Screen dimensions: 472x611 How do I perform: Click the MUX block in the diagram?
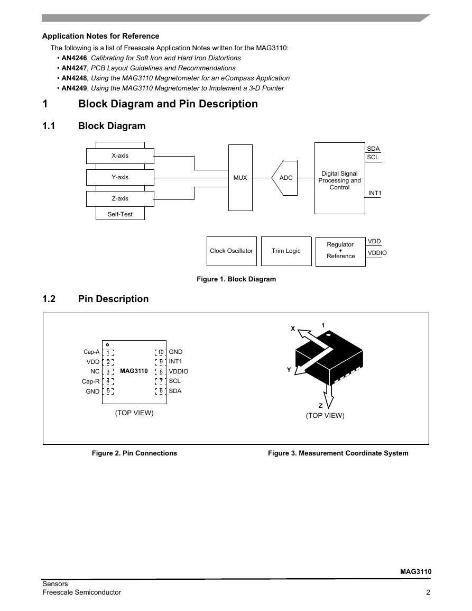coord(240,178)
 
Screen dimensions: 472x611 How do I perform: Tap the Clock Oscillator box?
coord(232,251)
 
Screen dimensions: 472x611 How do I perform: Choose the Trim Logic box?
coord(286,251)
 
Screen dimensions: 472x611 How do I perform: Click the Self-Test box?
coord(120,214)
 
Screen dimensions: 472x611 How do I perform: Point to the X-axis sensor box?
coord(120,156)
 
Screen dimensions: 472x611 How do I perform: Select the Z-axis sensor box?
coord(120,199)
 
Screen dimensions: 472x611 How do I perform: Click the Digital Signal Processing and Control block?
coord(339,179)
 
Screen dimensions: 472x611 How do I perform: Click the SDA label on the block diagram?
coord(373,149)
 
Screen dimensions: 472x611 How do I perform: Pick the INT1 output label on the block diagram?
coord(375,193)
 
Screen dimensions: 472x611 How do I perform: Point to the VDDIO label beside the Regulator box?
coord(377,253)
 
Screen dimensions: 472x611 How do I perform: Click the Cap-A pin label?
coord(91,352)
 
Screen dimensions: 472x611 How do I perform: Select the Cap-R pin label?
coord(91,381)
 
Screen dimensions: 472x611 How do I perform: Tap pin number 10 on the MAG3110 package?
coord(161,352)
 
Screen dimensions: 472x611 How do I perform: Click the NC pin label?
coord(95,371)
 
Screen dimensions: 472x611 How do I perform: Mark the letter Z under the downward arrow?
coord(320,406)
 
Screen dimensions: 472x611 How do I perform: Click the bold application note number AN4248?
coord(74,78)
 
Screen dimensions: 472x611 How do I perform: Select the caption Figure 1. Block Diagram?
coord(236,279)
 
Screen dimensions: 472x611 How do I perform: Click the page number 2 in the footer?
coord(428,592)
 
